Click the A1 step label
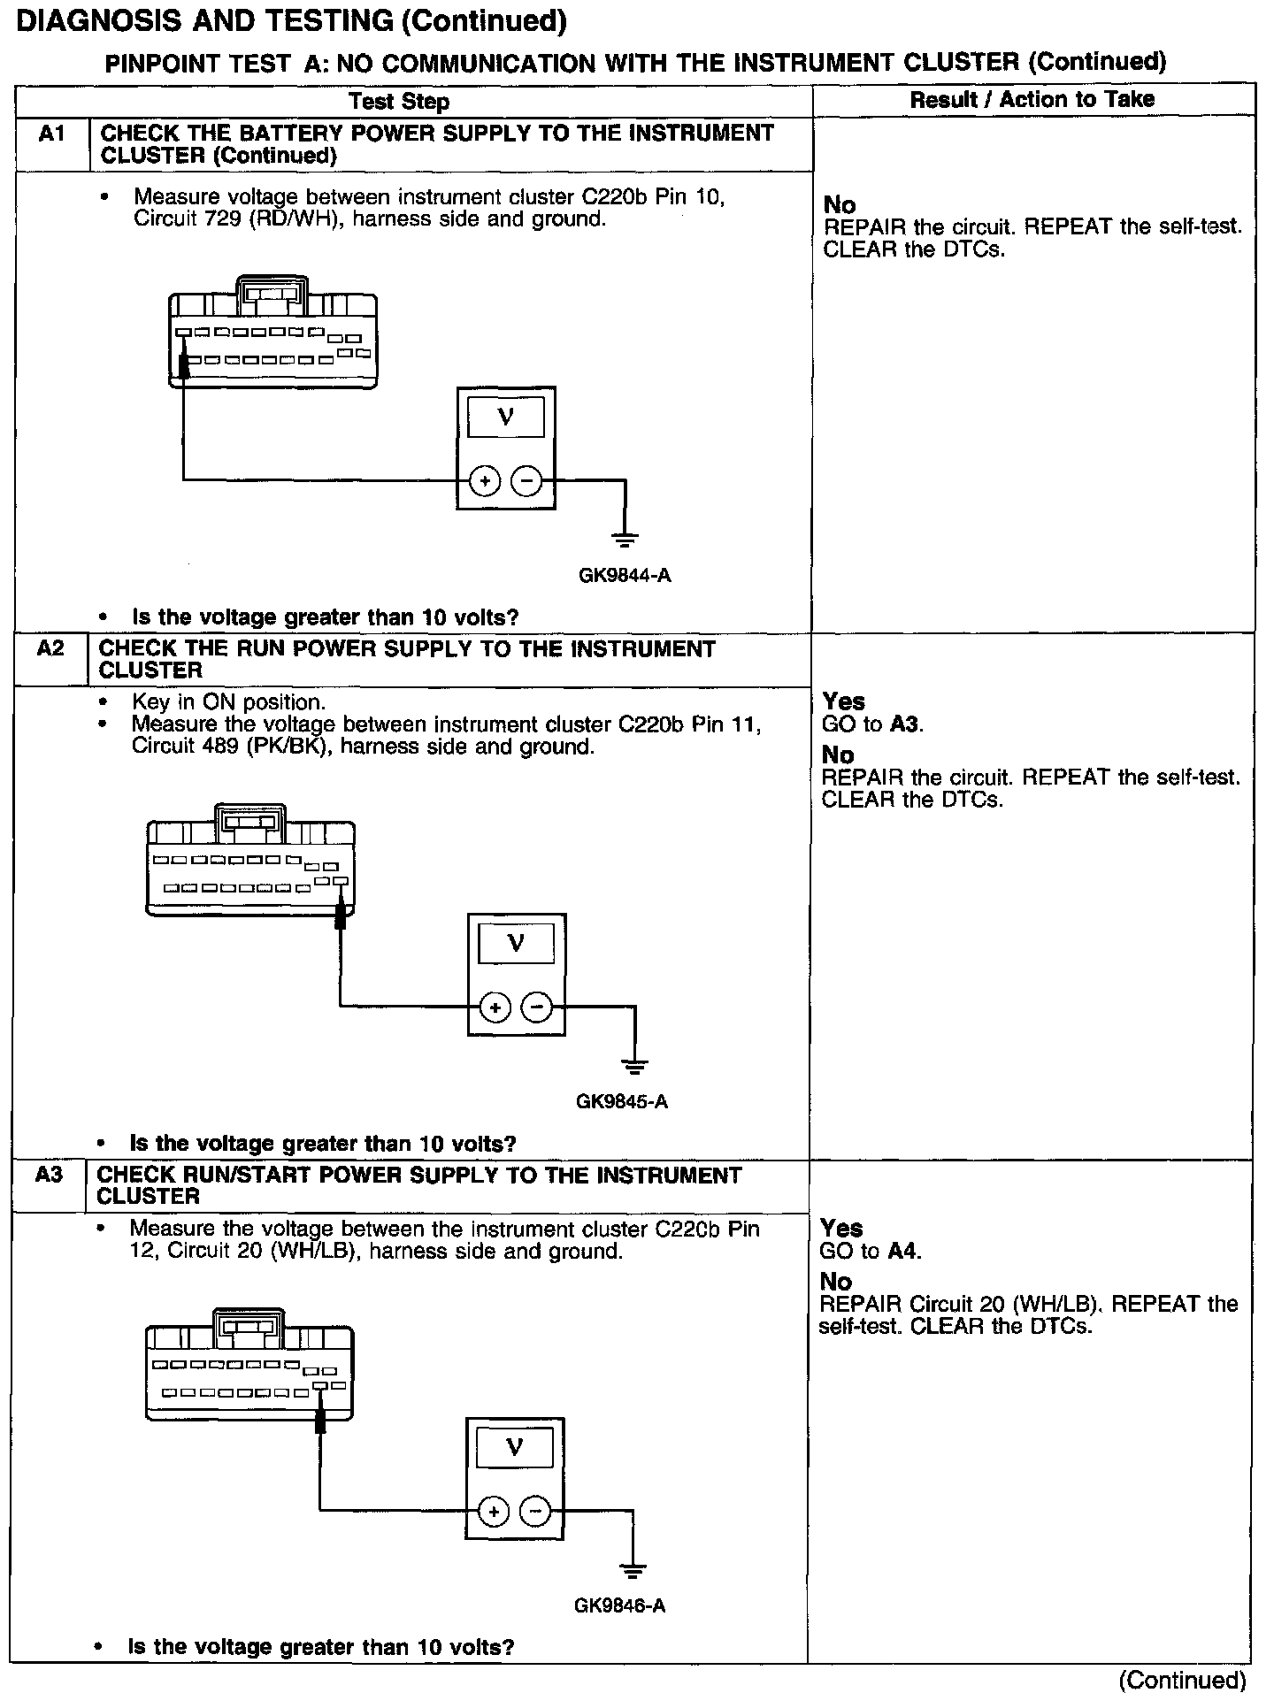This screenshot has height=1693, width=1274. click(52, 134)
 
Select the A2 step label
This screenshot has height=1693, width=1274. click(50, 648)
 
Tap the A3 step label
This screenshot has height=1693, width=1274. click(49, 1175)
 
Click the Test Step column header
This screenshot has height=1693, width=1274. click(399, 102)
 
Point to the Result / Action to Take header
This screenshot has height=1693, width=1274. click(1032, 100)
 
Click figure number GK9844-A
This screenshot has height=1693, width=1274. click(625, 576)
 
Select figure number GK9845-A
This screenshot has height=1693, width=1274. click(622, 1102)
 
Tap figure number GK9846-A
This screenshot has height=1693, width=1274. click(619, 1605)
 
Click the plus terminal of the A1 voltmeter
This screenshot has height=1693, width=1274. click(484, 481)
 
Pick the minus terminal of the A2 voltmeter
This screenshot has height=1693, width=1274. click(537, 1007)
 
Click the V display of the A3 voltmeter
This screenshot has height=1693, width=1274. click(514, 1448)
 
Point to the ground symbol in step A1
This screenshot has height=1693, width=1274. click(625, 538)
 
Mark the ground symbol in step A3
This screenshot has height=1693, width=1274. click(633, 1570)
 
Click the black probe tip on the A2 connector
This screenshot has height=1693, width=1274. click(340, 910)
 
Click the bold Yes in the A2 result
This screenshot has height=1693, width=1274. click(843, 701)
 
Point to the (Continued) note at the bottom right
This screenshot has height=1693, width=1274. click(1182, 1680)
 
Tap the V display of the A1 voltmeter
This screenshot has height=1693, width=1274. click(506, 417)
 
